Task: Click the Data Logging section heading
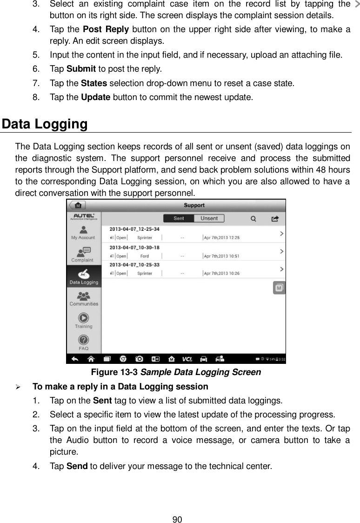tap(45, 125)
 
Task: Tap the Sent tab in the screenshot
tap(179, 218)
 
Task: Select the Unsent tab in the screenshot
tap(209, 218)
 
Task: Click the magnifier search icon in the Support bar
tap(253, 218)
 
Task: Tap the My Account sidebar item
tap(84, 232)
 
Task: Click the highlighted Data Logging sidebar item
tap(84, 276)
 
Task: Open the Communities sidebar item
tap(84, 298)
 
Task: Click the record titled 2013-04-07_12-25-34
tap(134, 229)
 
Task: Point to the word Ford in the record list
tap(145, 255)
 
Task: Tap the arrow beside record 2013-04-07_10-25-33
tap(281, 269)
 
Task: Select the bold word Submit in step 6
tap(81, 69)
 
